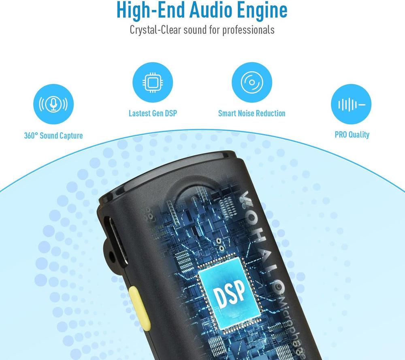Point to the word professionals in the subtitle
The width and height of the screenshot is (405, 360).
pyautogui.click(x=248, y=30)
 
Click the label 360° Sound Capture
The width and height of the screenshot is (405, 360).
pyautogui.click(x=53, y=135)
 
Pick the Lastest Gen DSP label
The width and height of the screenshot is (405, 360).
pyautogui.click(x=153, y=113)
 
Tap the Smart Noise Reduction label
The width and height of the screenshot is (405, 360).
pyautogui.click(x=252, y=113)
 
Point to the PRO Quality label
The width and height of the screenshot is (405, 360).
pyautogui.click(x=352, y=134)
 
